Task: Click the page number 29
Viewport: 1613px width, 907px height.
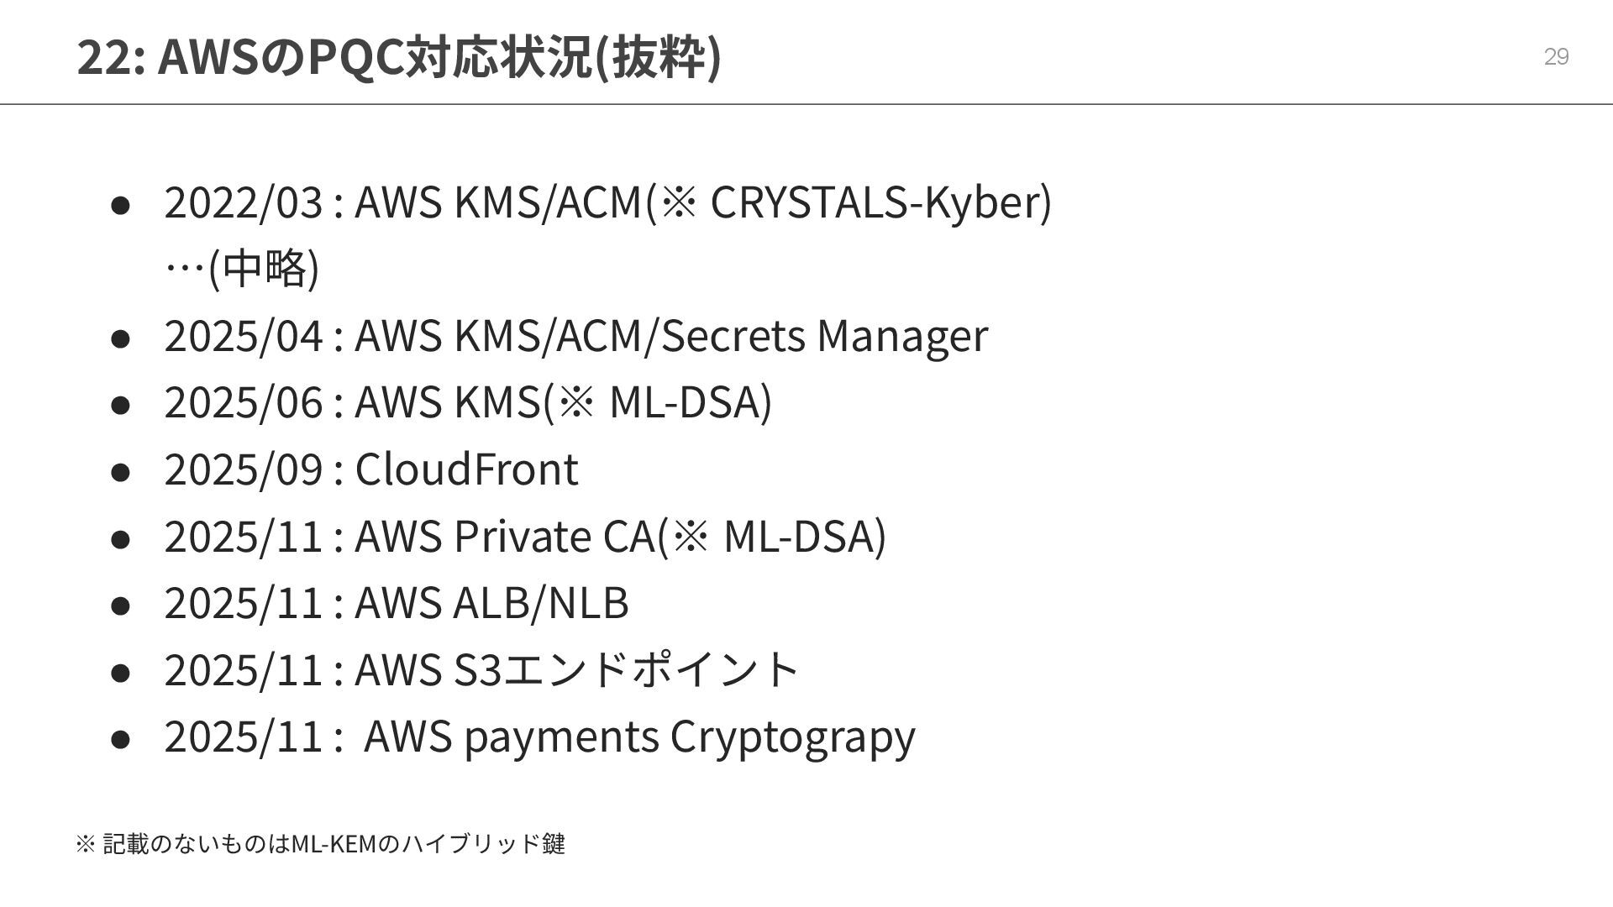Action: pos(1556,57)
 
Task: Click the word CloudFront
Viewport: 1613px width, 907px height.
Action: pos(466,469)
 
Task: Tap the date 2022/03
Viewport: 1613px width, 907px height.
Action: pos(244,202)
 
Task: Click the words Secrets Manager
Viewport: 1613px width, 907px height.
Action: pos(825,335)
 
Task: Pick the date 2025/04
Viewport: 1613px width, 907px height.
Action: pos(244,335)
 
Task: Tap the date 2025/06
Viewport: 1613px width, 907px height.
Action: pos(244,401)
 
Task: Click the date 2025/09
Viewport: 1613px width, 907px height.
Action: pos(244,469)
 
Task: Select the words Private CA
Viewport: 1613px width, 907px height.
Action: pos(554,536)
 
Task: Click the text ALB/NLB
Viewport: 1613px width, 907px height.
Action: pos(540,602)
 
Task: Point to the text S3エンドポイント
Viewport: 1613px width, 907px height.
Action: pos(626,669)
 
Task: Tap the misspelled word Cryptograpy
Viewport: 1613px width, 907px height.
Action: pos(792,737)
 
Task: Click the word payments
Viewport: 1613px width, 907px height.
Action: pos(560,737)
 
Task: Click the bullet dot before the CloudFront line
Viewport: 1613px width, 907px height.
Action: pos(120,471)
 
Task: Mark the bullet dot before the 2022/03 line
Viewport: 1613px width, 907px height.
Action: pos(120,205)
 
